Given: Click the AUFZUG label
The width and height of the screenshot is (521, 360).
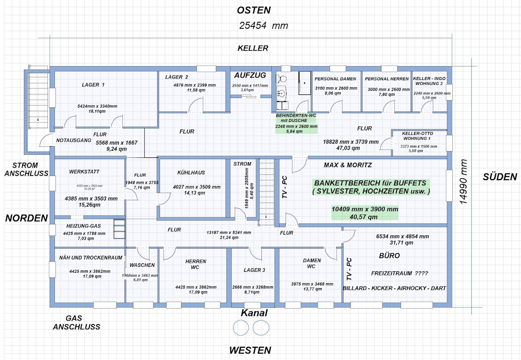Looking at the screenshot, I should coord(250,75).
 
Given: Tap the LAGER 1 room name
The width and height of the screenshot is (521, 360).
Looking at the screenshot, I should coord(93,85).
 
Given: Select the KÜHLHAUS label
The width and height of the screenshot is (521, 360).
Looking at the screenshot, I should coord(191,172).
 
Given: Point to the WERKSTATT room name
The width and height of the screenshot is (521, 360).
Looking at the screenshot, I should coord(84,172).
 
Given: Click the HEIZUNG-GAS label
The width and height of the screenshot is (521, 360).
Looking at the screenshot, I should coord(78,226).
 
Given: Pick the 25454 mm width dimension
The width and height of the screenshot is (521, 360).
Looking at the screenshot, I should coord(264,26).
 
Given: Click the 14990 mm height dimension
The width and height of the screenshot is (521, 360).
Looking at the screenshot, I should coord(463,182).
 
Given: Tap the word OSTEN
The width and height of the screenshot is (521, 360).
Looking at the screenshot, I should coord(253,10).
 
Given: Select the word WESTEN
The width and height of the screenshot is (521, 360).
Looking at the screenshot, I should coord(250,350).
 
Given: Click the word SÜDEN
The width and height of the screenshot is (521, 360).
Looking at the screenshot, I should coord(500,177).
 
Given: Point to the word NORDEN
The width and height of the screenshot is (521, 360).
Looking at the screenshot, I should coord(26,218).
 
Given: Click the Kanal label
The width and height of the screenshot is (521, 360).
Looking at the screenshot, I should coord(254,313).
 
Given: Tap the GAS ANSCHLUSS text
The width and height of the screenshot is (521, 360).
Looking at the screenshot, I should coord(77,323).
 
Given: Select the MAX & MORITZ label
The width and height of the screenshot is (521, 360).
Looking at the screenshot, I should coord(348,165).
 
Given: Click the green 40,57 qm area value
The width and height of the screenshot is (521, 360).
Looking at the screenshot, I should coord(365,217).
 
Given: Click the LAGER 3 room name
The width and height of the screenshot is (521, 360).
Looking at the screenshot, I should coord(254,270).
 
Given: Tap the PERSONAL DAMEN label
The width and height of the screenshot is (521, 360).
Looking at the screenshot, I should coord(335,79).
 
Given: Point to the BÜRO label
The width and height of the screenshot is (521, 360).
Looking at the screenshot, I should coord(389,256).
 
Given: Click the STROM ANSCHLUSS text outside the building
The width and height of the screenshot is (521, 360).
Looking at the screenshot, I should coord(26,169).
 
